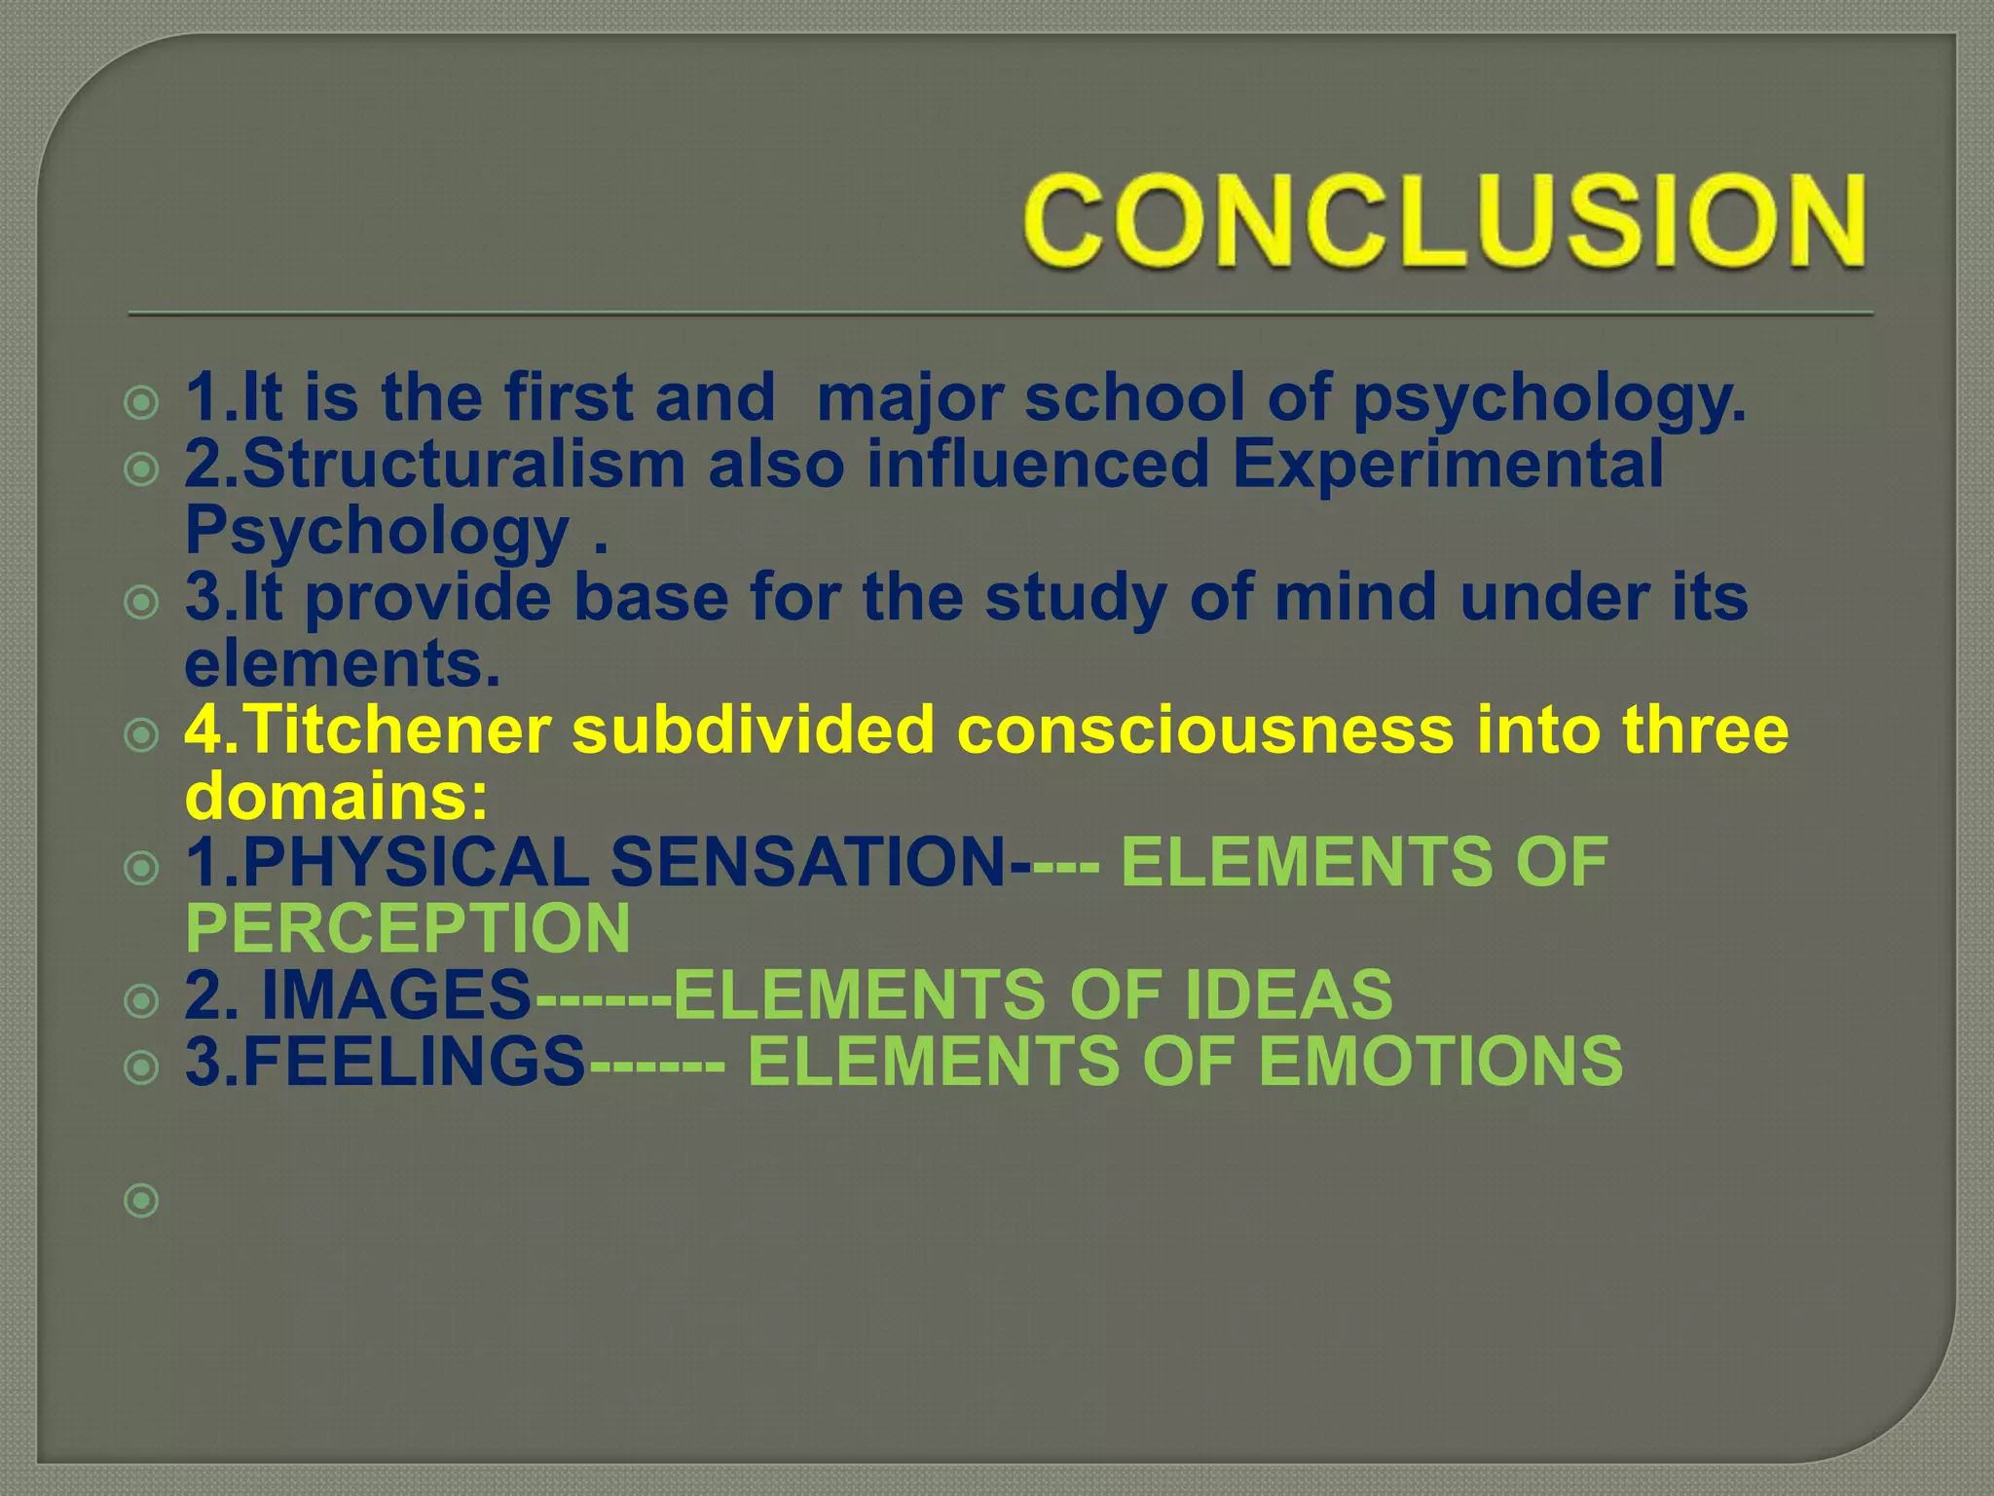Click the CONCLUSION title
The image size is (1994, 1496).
point(1445,220)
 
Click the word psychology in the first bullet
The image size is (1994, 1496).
point(1549,399)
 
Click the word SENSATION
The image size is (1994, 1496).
point(808,862)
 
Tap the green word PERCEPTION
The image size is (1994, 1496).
point(408,928)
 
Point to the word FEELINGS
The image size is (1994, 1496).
point(414,1061)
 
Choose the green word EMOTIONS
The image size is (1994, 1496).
point(1441,1061)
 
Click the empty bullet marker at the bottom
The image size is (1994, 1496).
point(142,1200)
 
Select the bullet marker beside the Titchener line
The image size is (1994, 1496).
point(142,735)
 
